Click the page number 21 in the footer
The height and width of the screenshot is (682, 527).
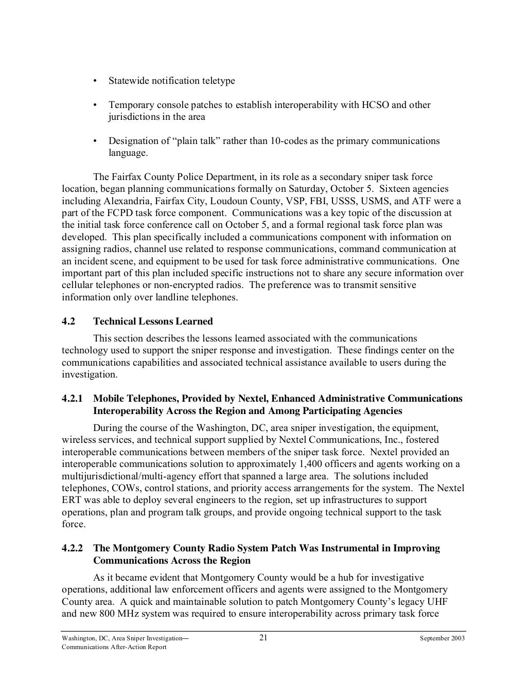263,638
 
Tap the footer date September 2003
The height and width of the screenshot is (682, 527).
442,638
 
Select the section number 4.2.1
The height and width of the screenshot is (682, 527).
73,399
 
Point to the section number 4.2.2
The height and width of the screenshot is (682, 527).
73,548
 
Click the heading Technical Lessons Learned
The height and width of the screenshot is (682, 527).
153,321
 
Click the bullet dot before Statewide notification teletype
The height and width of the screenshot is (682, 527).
95,81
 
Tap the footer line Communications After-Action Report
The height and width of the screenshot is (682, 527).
114,647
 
